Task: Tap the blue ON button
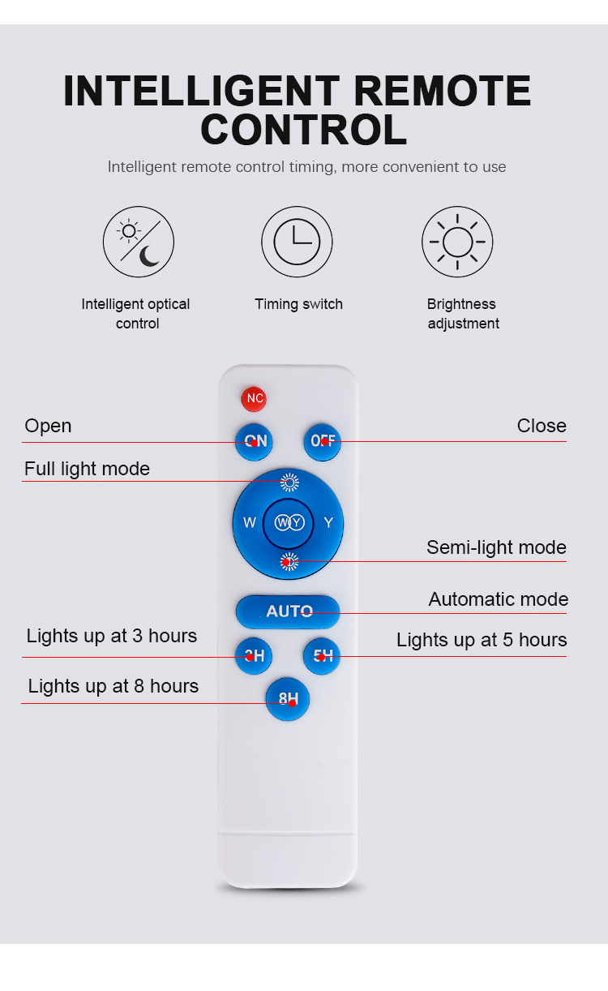click(x=254, y=441)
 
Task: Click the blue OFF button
click(x=323, y=441)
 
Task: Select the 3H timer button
click(x=254, y=655)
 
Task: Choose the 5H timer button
click(x=322, y=655)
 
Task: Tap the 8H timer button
click(x=288, y=698)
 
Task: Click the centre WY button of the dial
click(x=289, y=522)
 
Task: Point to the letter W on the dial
click(x=250, y=522)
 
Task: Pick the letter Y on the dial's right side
click(x=328, y=522)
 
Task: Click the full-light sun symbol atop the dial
click(x=289, y=483)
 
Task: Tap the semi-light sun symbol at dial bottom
click(x=289, y=562)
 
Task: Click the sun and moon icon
click(x=139, y=242)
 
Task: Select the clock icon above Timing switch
click(x=297, y=242)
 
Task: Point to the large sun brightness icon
click(x=457, y=242)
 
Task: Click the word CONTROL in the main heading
click(x=304, y=130)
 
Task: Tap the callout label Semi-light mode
click(x=496, y=547)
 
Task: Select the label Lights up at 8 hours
click(x=113, y=686)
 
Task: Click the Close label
click(x=542, y=426)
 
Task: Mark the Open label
click(x=48, y=427)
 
